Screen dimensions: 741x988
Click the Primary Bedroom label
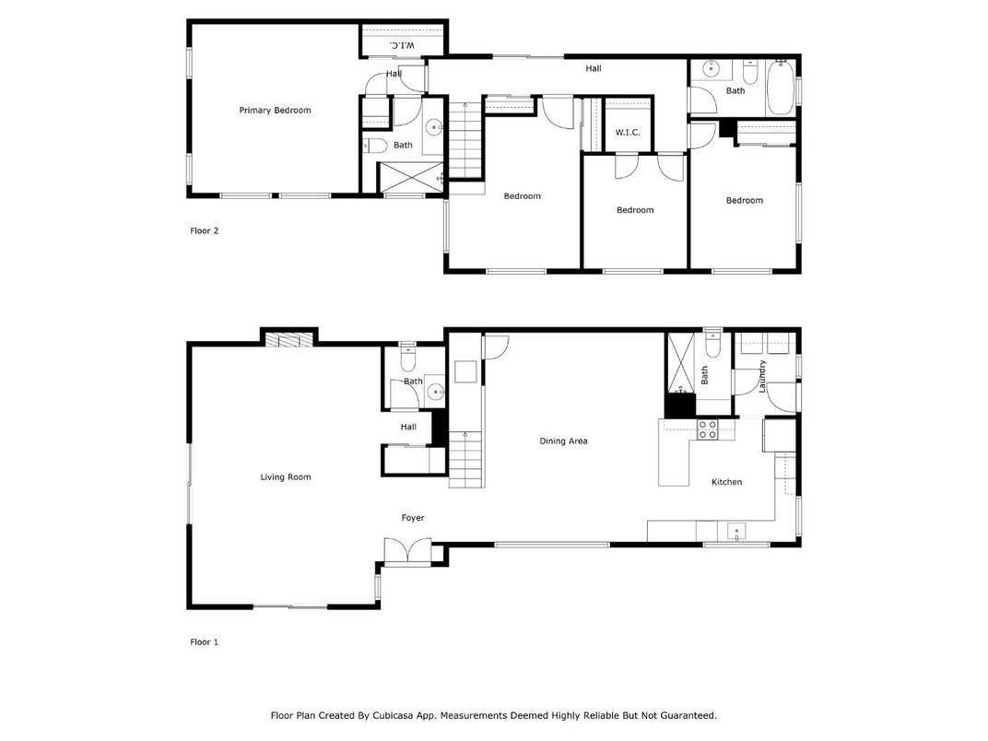click(275, 111)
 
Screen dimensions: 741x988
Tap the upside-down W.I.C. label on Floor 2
click(403, 44)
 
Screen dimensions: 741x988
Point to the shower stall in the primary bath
click(411, 177)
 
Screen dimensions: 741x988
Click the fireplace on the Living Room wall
click(289, 339)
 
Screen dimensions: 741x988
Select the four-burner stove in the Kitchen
click(707, 429)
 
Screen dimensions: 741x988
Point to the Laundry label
click(762, 376)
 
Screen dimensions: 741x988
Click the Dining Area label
click(563, 441)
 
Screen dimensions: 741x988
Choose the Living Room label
click(286, 477)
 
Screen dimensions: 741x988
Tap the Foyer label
click(413, 518)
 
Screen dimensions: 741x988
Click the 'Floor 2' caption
click(204, 231)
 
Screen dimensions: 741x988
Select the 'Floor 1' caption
click(204, 641)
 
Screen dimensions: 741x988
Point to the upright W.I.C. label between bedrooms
click(628, 134)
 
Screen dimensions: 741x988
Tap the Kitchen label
click(726, 482)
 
